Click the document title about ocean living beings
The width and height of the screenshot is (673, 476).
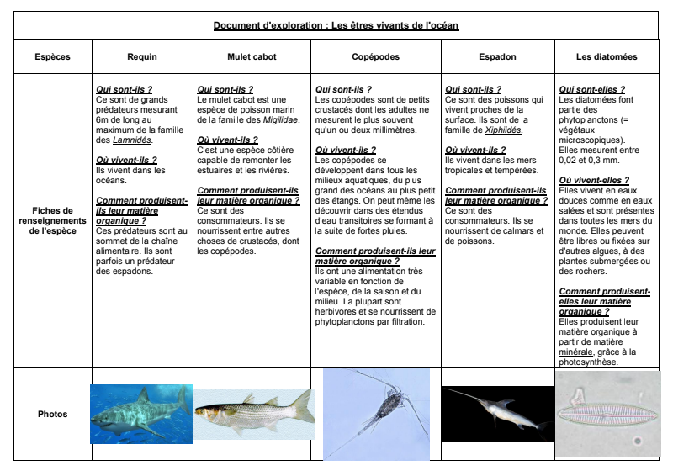click(x=336, y=25)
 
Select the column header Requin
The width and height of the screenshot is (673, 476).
click(x=142, y=57)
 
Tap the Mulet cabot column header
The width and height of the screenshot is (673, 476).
click(x=252, y=57)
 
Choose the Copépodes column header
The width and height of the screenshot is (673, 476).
click(x=375, y=57)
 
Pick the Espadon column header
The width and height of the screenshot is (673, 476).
click(x=496, y=57)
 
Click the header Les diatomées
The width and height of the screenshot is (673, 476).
click(x=607, y=57)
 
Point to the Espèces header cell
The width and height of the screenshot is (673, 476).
click(x=53, y=57)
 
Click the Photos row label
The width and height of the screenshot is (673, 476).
click(x=53, y=414)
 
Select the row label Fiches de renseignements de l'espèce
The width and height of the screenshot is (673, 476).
click(x=53, y=220)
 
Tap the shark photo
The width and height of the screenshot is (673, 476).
click(x=140, y=414)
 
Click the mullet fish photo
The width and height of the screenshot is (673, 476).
click(x=254, y=412)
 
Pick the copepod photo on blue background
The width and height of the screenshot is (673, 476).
click(x=376, y=413)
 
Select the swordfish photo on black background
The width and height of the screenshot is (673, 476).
click(x=496, y=414)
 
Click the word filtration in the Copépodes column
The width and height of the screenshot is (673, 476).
click(x=409, y=320)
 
